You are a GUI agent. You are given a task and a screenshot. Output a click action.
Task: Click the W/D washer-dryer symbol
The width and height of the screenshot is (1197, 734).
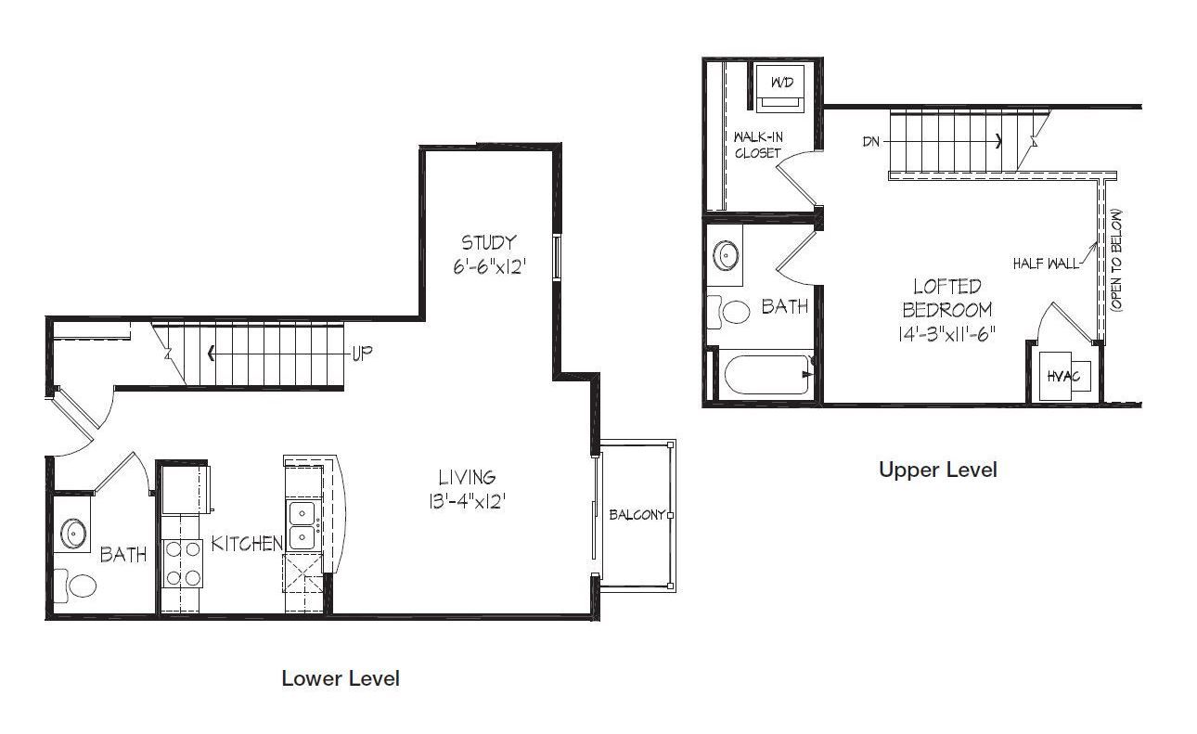click(780, 89)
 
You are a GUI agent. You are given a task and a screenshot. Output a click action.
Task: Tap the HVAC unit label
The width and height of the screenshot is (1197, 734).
click(1062, 377)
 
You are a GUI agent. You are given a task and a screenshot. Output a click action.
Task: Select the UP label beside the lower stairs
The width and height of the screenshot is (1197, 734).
click(362, 354)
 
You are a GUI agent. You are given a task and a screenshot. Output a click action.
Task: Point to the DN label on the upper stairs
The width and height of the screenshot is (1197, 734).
click(871, 142)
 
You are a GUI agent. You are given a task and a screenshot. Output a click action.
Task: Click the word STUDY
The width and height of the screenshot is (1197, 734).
click(488, 243)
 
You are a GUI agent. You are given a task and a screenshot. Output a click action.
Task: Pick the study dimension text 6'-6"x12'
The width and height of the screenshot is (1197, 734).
click(490, 266)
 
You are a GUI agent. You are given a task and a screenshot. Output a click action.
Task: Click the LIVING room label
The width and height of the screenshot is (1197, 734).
click(467, 477)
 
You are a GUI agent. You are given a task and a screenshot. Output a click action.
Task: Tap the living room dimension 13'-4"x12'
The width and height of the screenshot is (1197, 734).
click(467, 502)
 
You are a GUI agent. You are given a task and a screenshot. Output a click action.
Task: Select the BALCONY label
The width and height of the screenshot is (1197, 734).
click(637, 515)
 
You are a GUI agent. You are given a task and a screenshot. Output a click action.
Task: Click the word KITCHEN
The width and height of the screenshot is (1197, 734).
click(247, 544)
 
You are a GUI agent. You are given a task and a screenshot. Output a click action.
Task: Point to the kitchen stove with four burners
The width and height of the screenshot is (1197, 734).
click(182, 563)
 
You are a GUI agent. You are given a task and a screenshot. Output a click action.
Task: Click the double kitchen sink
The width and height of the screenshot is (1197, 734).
click(302, 525)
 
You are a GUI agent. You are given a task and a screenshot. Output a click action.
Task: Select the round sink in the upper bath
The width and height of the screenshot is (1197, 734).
click(727, 255)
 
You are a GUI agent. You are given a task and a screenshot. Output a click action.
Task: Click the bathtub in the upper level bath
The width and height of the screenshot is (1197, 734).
click(768, 375)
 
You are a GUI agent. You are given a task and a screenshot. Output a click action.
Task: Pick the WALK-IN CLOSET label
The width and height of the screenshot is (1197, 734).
click(758, 146)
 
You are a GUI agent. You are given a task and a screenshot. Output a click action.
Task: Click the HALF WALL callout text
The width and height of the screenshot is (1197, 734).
click(1045, 264)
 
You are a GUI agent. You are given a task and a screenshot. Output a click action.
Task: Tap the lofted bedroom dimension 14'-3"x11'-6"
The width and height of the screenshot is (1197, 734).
click(946, 334)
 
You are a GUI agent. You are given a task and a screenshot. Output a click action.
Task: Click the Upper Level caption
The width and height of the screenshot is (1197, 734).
click(938, 470)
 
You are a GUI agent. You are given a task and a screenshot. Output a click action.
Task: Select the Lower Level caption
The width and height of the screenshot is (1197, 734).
click(341, 678)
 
